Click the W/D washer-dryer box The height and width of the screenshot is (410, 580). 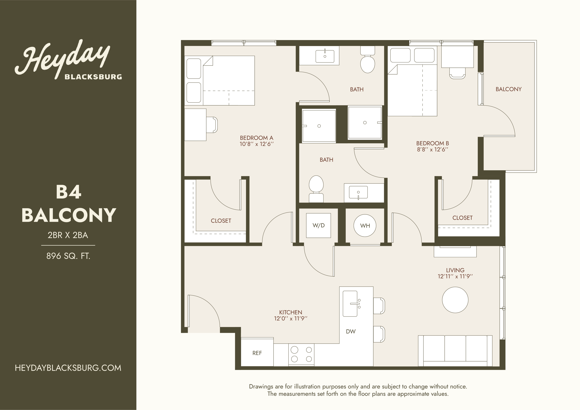(319, 225)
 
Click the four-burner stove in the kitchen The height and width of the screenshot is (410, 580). (301, 355)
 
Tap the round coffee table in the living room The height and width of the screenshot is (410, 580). (455, 300)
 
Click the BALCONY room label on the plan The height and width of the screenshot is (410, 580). (508, 89)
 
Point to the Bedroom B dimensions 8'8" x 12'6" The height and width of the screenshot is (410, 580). (432, 149)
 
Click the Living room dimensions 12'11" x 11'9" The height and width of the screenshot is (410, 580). (455, 276)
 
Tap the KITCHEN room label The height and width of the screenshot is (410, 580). (291, 312)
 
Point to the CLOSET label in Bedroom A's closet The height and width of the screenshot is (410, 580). (221, 221)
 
